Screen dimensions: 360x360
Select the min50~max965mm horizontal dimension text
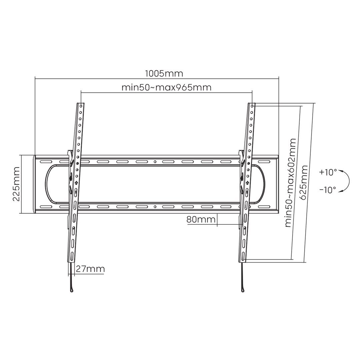click(166, 88)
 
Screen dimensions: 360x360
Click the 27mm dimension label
click(90, 269)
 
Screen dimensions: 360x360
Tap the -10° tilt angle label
click(328, 190)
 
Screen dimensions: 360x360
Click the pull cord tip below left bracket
click(71, 290)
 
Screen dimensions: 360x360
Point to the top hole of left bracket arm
click(81, 105)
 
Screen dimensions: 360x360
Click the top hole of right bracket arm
click(252, 105)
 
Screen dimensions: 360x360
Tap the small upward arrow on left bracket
click(76, 183)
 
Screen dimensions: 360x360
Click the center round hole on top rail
click(155, 162)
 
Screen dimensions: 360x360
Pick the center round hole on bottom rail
click(155, 207)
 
